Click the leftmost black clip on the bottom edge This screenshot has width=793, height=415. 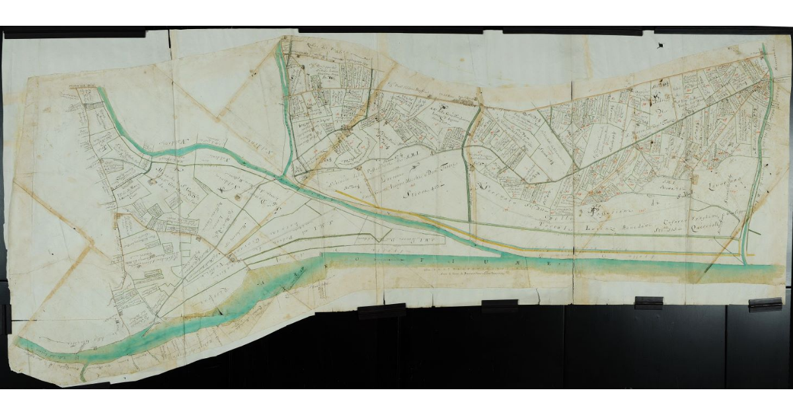point(381,311)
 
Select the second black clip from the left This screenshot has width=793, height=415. point(499,306)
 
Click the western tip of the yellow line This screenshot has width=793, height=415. point(336,192)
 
